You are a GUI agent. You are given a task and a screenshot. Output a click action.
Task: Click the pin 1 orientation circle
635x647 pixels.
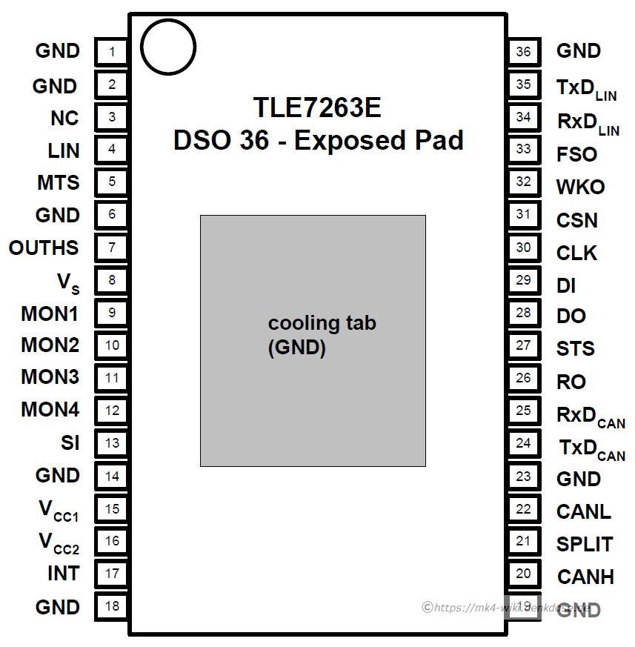(167, 47)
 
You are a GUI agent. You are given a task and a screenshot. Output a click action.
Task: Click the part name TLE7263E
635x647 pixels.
(317, 108)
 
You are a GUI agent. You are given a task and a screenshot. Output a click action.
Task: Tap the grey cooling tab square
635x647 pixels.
(313, 340)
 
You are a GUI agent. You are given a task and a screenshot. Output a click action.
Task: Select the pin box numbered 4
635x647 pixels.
(112, 150)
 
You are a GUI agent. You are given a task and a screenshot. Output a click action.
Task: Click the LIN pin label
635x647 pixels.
(64, 150)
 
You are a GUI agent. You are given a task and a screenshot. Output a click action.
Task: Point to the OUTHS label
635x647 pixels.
(44, 248)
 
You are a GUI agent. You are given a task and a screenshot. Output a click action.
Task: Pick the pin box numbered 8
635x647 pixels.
(112, 280)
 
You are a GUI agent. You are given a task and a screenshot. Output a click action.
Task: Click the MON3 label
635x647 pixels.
(50, 377)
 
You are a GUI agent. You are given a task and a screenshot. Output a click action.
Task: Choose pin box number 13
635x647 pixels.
(112, 443)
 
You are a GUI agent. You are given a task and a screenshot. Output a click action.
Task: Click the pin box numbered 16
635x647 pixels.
(112, 541)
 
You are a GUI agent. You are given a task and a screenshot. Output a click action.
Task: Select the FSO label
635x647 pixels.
(576, 155)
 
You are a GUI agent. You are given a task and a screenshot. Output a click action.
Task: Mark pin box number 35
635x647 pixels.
(524, 84)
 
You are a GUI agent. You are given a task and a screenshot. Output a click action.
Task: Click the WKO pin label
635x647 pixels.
(580, 188)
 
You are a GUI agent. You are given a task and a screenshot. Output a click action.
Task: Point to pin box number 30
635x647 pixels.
(524, 248)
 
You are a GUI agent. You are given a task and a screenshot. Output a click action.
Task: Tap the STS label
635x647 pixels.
(576, 349)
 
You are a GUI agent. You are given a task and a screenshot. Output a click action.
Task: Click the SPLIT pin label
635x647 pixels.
(585, 545)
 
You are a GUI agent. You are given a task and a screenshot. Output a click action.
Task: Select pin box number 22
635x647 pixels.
(524, 509)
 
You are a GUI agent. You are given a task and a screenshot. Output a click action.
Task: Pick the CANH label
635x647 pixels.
(585, 577)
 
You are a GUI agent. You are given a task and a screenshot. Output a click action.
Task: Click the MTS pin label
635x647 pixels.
(59, 182)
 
